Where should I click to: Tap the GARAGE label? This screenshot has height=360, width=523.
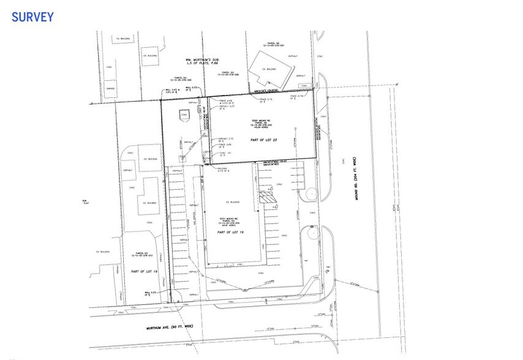click(x=110, y=88)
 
